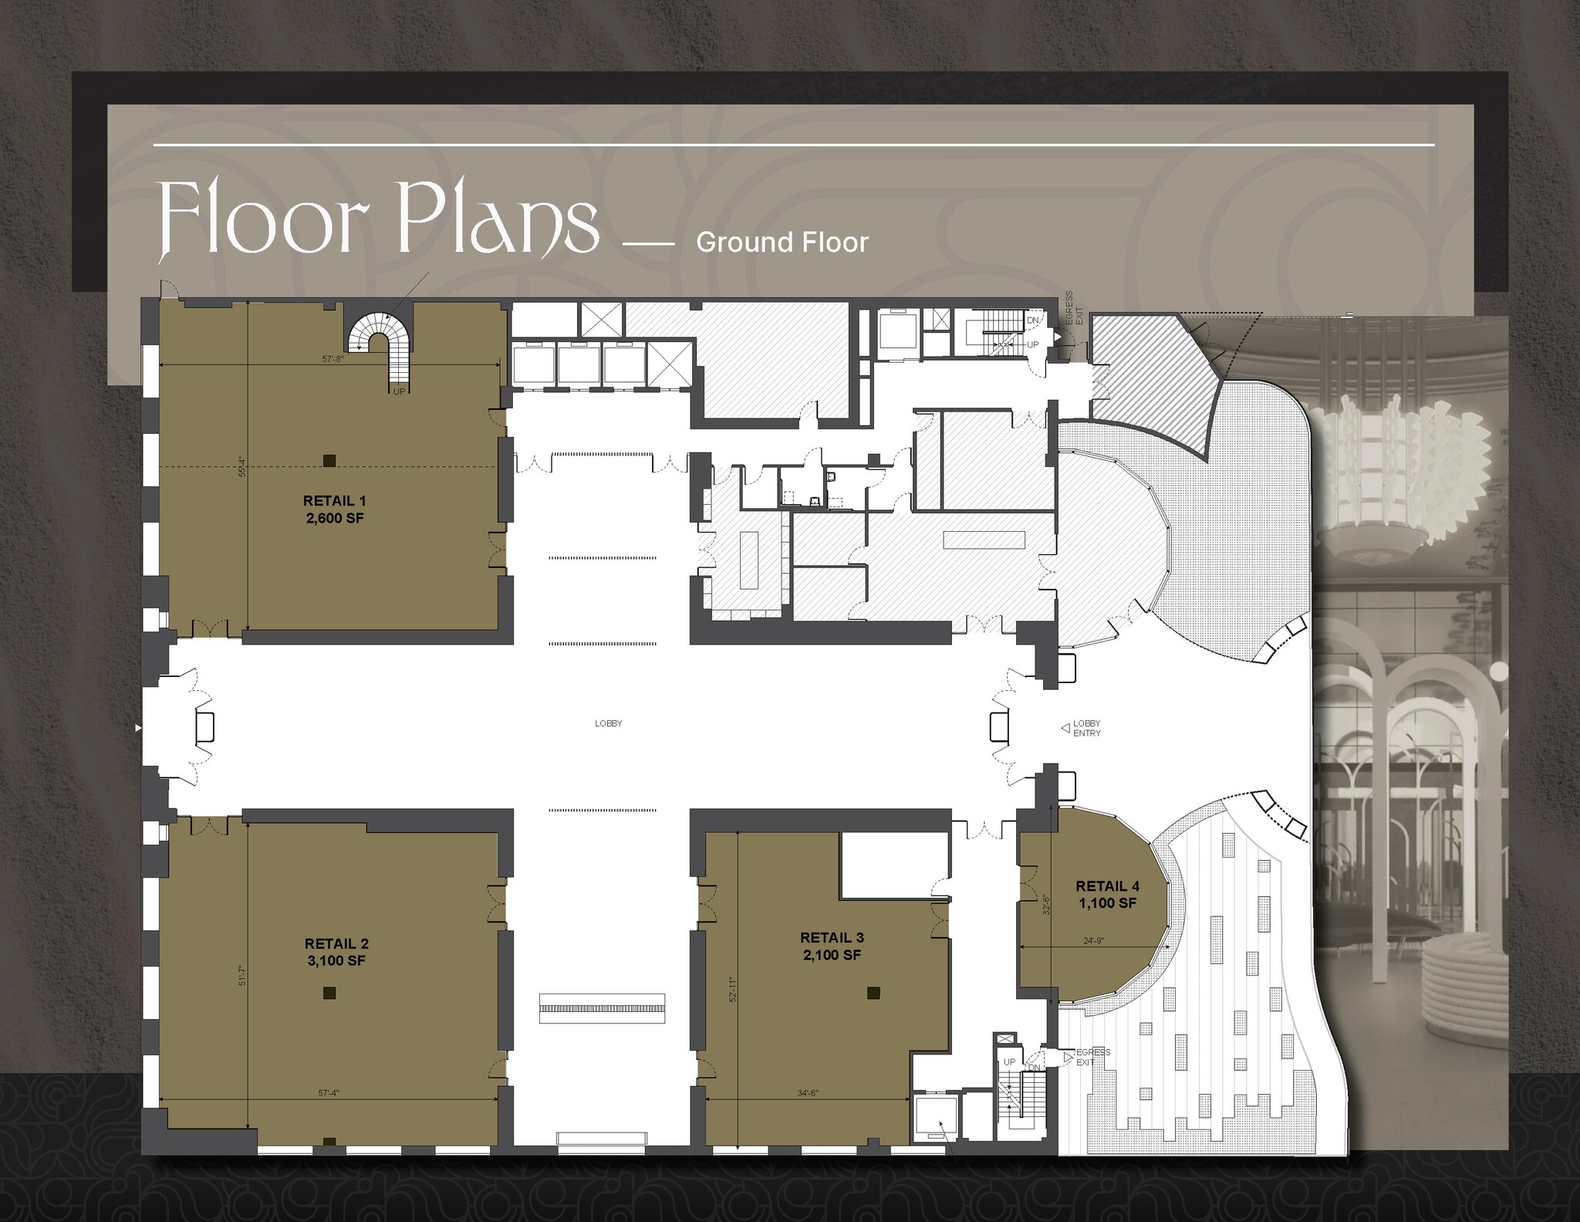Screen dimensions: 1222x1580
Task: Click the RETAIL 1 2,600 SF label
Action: pyautogui.click(x=335, y=509)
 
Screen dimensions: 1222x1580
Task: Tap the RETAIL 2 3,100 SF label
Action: pyautogui.click(x=336, y=952)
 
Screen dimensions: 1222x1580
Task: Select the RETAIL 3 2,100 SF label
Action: pyautogui.click(x=832, y=946)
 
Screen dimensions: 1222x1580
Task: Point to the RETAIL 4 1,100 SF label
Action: pyautogui.click(x=1107, y=894)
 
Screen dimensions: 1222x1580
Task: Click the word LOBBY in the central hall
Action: pyautogui.click(x=608, y=723)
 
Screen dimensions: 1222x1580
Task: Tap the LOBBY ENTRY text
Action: pyautogui.click(x=1086, y=728)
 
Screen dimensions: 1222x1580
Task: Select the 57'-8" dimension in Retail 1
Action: pyautogui.click(x=333, y=358)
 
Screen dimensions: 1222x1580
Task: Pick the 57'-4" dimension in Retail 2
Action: pyautogui.click(x=329, y=1093)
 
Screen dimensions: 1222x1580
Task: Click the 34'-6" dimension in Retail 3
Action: pyautogui.click(x=807, y=1093)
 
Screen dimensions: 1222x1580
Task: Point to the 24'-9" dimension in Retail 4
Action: pyautogui.click(x=1093, y=940)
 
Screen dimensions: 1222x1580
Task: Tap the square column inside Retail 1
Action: pyautogui.click(x=329, y=461)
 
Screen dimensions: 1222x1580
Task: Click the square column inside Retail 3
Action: pyautogui.click(x=873, y=993)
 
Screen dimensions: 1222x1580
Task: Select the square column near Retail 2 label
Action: pyautogui.click(x=329, y=993)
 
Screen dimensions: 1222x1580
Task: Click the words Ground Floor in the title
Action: pyautogui.click(x=782, y=242)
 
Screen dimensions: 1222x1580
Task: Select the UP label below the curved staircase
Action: pyautogui.click(x=399, y=391)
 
